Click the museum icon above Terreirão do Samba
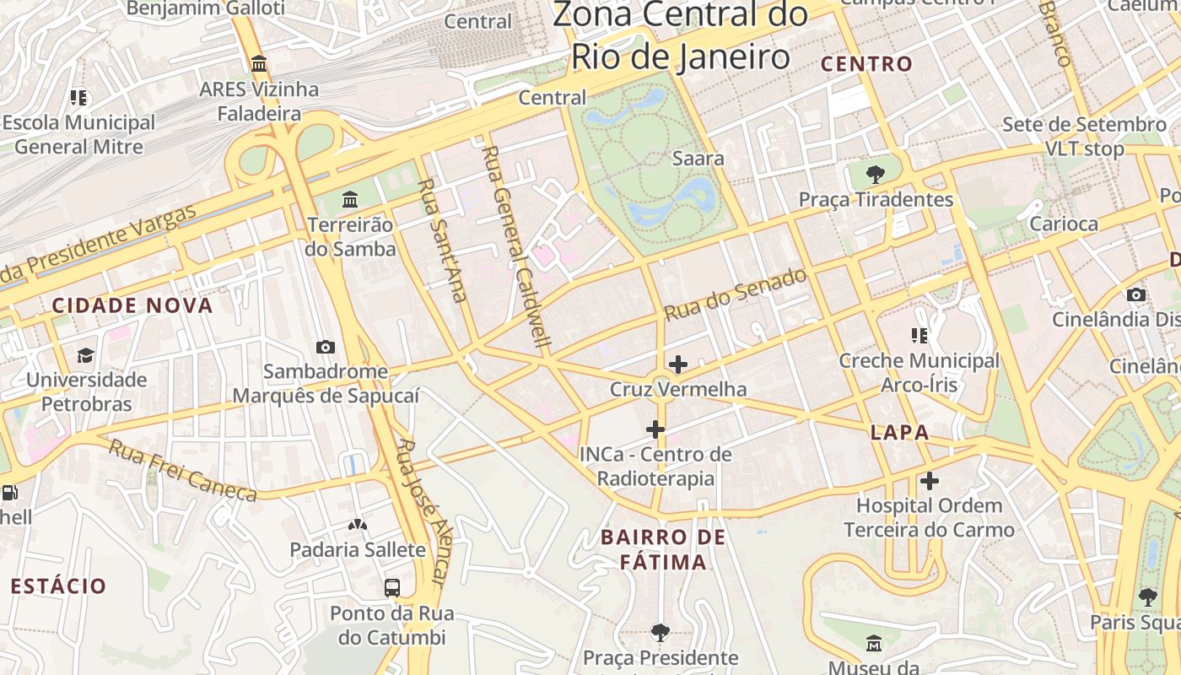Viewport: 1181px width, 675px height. pos(350,200)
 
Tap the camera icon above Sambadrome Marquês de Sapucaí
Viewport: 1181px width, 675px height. pos(326,347)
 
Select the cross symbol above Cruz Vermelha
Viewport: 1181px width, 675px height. pos(677,364)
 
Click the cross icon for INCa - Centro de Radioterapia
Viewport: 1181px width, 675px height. pos(655,429)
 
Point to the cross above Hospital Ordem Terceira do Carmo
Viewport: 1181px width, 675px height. pos(929,481)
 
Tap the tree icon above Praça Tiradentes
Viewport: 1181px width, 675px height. pos(876,175)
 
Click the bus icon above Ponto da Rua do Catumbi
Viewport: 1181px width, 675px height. pos(391,588)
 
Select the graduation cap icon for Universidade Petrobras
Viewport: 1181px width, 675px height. pos(85,355)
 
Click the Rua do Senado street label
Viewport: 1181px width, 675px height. pos(735,294)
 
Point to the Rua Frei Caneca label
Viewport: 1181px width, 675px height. pos(181,470)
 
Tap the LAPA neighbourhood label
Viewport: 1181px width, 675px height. pos(899,433)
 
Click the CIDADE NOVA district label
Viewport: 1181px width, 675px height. pos(132,305)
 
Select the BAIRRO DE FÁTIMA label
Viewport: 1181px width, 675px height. pos(663,549)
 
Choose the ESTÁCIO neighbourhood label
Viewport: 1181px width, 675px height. pos(58,586)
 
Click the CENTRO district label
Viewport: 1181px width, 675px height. pos(866,64)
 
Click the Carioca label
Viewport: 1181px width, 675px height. pos(1064,224)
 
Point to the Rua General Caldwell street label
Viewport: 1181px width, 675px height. pos(515,246)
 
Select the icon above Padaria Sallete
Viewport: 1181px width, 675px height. pos(358,525)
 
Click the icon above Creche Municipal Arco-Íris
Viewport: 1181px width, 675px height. pos(919,336)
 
